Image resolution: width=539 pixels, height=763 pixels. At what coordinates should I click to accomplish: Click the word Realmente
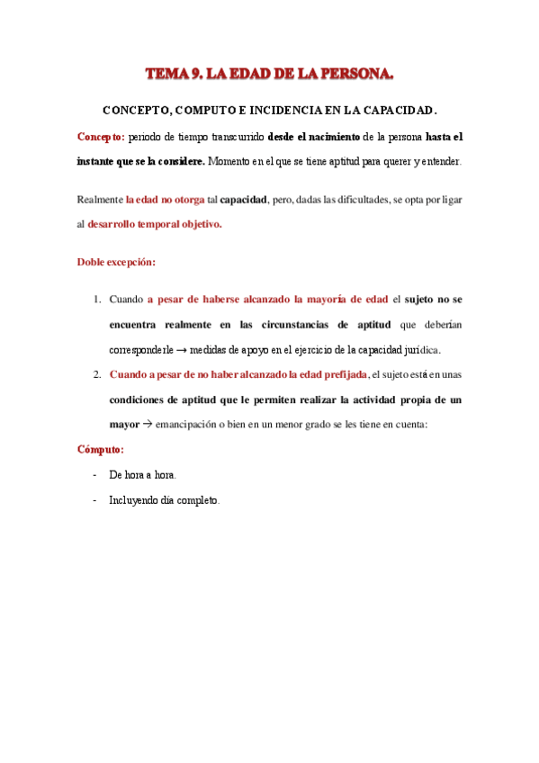tap(100, 200)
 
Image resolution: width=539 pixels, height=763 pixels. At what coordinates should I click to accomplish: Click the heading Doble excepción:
tap(116, 263)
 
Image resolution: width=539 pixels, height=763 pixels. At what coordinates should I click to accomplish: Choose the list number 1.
tap(97, 299)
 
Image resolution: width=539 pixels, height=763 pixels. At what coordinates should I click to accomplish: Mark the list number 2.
tap(97, 373)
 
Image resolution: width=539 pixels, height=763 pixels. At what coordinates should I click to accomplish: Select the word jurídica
tap(420, 349)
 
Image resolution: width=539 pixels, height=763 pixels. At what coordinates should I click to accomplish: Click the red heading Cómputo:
tap(100, 448)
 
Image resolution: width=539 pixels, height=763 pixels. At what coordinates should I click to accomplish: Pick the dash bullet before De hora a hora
tap(95, 474)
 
